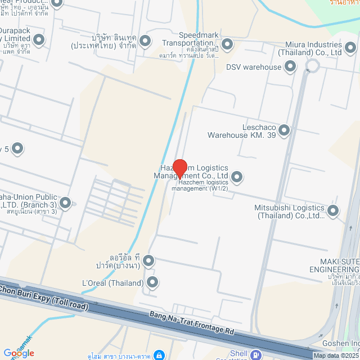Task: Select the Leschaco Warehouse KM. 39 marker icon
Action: [x=284, y=130]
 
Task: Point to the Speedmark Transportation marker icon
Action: [x=227, y=43]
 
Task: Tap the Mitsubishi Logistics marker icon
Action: [x=333, y=211]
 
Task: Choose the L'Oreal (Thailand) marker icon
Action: [x=152, y=282]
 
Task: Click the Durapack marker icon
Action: [x=39, y=39]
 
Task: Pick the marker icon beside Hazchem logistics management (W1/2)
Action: [x=237, y=177]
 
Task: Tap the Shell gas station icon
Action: [x=256, y=355]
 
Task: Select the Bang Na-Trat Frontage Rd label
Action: [x=191, y=323]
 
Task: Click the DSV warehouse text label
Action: [x=253, y=67]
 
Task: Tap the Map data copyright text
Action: [x=336, y=355]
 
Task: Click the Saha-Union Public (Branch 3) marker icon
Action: [x=65, y=202]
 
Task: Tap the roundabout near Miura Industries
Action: [x=312, y=66]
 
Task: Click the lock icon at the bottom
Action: [x=160, y=355]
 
